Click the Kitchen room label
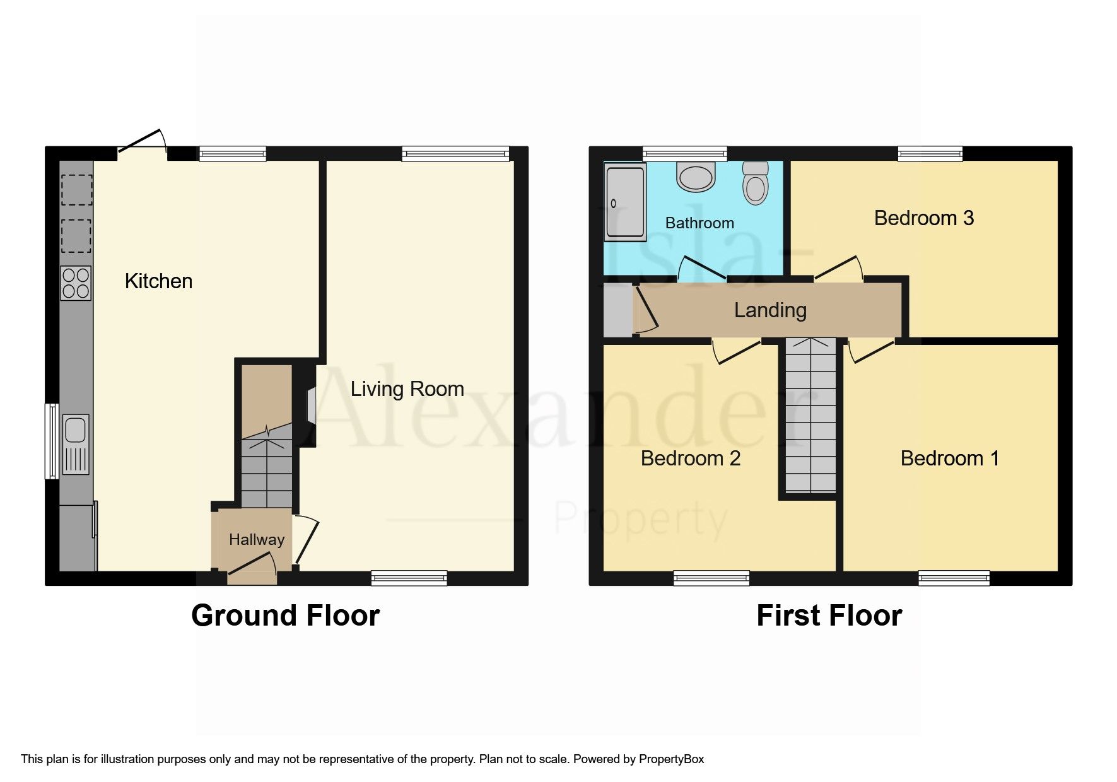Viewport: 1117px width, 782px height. pyautogui.click(x=158, y=281)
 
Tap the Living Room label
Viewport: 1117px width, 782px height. pyautogui.click(x=407, y=389)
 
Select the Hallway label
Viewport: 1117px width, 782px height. pyautogui.click(x=257, y=540)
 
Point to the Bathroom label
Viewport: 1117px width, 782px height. pyautogui.click(x=699, y=223)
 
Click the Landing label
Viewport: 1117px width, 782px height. pyautogui.click(x=770, y=310)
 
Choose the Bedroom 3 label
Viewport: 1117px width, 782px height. pyautogui.click(x=924, y=218)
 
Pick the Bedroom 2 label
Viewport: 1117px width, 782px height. pyautogui.click(x=691, y=458)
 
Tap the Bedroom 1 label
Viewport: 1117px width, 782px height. pyautogui.click(x=950, y=458)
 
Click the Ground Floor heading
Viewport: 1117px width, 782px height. pyautogui.click(x=286, y=616)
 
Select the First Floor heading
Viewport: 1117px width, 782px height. pyautogui.click(x=829, y=616)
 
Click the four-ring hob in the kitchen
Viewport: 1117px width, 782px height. pyautogui.click(x=76, y=283)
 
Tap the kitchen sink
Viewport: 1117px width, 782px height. pyautogui.click(x=76, y=445)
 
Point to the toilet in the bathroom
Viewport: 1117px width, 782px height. pyautogui.click(x=756, y=183)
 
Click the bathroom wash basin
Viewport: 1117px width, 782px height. pyautogui.click(x=696, y=176)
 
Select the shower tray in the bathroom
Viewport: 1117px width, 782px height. pyautogui.click(x=625, y=202)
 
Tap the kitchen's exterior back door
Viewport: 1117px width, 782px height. pyautogui.click(x=142, y=143)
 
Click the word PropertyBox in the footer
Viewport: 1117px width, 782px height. pyautogui.click(x=671, y=759)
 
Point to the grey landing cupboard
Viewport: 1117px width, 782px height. pyautogui.click(x=618, y=310)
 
